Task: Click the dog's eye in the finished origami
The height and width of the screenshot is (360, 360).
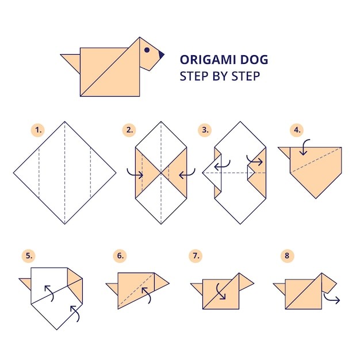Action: tap(147, 50)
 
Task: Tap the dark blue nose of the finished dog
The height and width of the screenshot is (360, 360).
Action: tap(161, 55)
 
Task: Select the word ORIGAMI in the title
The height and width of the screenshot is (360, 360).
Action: tap(208, 60)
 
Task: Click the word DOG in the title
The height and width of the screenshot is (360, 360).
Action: tap(254, 60)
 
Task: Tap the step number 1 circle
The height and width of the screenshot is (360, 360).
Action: tap(38, 130)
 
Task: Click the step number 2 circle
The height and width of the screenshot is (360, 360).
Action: tap(129, 130)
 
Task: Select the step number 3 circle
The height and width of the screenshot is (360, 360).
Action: tap(205, 130)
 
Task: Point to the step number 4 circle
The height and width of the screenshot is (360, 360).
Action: tap(297, 130)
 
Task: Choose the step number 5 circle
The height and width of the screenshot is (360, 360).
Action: tap(29, 256)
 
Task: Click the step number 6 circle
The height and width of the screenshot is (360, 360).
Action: tap(120, 256)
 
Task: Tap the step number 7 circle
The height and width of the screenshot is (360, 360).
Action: tap(196, 256)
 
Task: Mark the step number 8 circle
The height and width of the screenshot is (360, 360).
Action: tap(287, 256)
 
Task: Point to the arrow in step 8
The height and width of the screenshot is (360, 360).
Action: tap(331, 299)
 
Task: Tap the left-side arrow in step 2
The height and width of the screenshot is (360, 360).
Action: tap(135, 174)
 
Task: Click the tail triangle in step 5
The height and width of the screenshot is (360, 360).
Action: tap(26, 283)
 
